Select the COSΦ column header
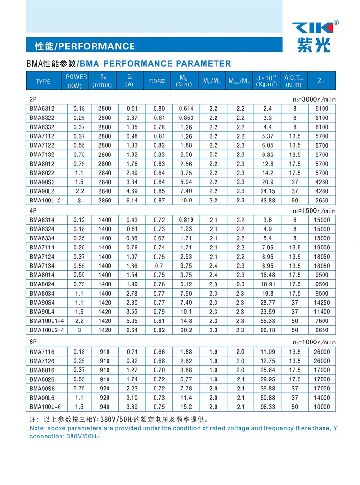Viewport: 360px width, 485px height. (x=157, y=81)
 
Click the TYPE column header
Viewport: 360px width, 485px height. (x=43, y=82)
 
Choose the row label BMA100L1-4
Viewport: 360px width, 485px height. (x=47, y=321)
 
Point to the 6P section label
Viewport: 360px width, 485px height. (x=33, y=342)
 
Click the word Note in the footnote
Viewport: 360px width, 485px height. (x=37, y=428)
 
